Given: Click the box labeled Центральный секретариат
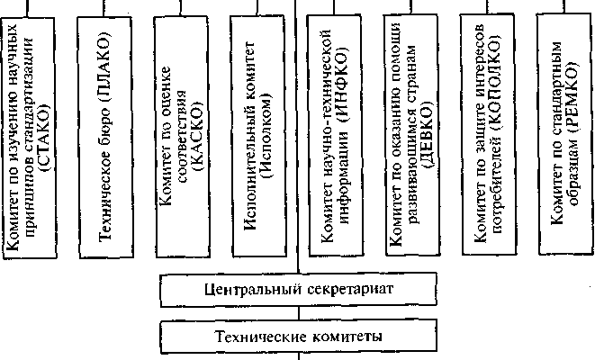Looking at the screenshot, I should (x=298, y=291).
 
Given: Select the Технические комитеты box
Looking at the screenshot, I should (x=298, y=336).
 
